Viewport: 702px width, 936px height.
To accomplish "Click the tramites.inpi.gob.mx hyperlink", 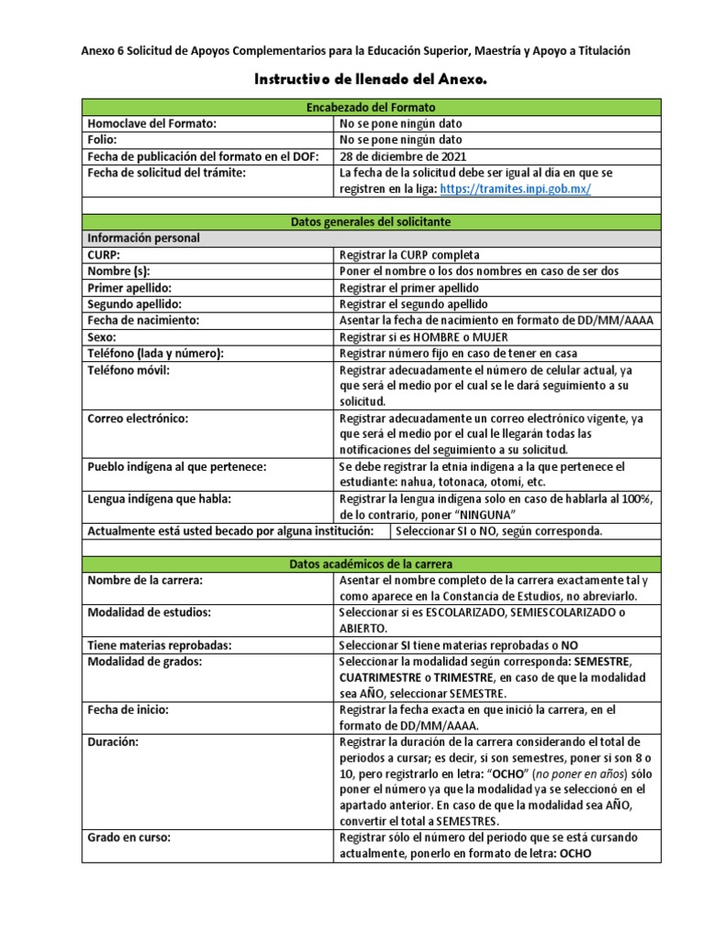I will coord(516,188).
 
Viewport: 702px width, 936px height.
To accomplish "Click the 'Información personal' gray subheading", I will coord(144,239).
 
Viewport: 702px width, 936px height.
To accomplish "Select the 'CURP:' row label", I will coord(103,255).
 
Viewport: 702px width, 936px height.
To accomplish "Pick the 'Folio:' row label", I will coord(101,140).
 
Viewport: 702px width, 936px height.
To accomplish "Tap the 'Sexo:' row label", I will coord(102,337).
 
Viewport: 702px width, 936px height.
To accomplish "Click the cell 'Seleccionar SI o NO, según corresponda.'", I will coord(498,531).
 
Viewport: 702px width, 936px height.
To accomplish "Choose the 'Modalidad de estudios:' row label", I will coord(149,612).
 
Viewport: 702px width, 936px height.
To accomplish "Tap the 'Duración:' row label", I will coord(112,741).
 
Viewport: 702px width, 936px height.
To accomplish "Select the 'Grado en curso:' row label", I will coord(129,838).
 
